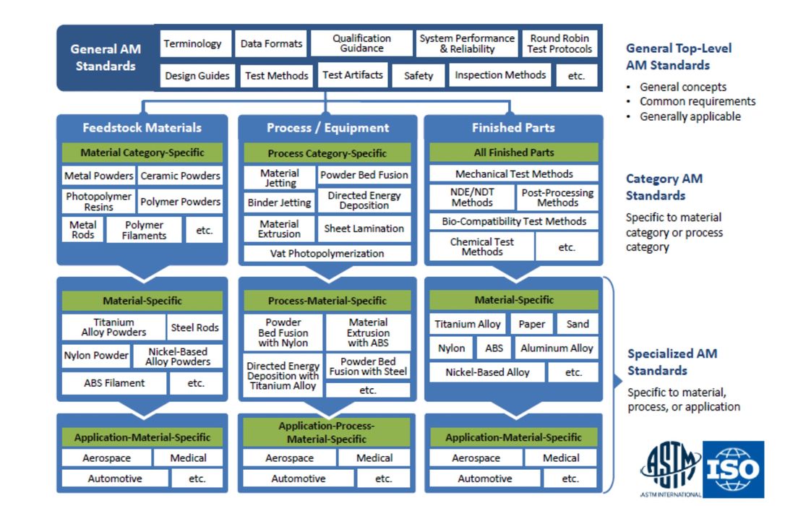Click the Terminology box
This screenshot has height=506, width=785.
(192, 44)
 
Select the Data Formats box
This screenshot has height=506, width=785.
(271, 44)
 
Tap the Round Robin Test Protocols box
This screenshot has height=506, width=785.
(559, 43)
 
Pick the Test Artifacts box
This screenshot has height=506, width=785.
(353, 75)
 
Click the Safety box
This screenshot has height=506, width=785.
(419, 76)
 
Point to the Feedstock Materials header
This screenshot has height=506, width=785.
(142, 128)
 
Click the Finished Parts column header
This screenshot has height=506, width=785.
(513, 128)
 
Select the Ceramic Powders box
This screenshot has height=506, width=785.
(180, 176)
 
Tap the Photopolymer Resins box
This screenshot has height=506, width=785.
(98, 202)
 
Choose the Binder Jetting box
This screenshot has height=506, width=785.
(279, 202)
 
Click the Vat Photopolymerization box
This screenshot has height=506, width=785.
(327, 254)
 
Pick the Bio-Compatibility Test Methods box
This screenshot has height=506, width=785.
(514, 221)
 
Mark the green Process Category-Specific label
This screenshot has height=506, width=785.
(327, 153)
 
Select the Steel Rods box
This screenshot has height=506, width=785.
(194, 327)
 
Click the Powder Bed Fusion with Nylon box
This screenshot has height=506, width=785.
(283, 333)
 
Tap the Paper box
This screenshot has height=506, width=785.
(532, 325)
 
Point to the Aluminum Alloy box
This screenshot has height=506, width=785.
(557, 348)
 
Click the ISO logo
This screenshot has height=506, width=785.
(733, 470)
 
